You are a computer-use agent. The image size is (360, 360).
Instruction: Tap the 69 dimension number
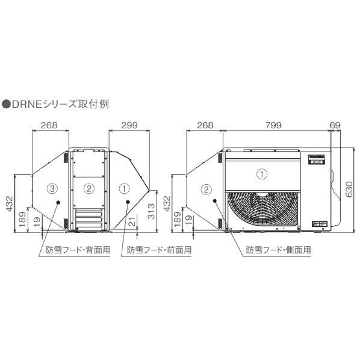click(335, 125)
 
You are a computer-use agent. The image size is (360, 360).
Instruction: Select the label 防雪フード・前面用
click(159, 249)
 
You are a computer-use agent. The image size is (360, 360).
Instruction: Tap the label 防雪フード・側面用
click(279, 249)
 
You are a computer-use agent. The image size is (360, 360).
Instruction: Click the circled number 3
click(52, 188)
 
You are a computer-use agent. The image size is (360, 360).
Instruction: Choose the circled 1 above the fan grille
click(262, 174)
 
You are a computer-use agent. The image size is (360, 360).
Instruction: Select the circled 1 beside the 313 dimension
click(125, 188)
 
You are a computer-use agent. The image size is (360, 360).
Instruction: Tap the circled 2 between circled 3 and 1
click(88, 188)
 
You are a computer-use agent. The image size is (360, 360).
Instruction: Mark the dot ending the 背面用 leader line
click(58, 203)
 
